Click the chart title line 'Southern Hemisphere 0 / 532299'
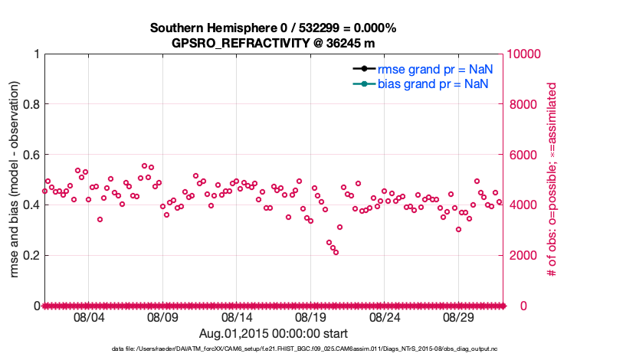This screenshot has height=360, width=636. (273, 28)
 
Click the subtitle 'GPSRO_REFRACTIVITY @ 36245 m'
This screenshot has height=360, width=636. (273, 43)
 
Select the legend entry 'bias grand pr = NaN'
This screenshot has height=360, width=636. (433, 83)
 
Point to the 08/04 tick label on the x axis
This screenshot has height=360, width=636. (88, 316)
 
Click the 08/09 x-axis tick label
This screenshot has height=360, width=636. (162, 316)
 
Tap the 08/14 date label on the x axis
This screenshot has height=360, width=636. (237, 316)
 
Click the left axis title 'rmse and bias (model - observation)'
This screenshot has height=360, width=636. (15, 180)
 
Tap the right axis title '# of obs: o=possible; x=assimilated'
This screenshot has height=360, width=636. (549, 180)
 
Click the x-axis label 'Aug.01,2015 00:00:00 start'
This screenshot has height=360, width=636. (274, 333)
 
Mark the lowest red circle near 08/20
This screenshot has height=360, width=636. (336, 252)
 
